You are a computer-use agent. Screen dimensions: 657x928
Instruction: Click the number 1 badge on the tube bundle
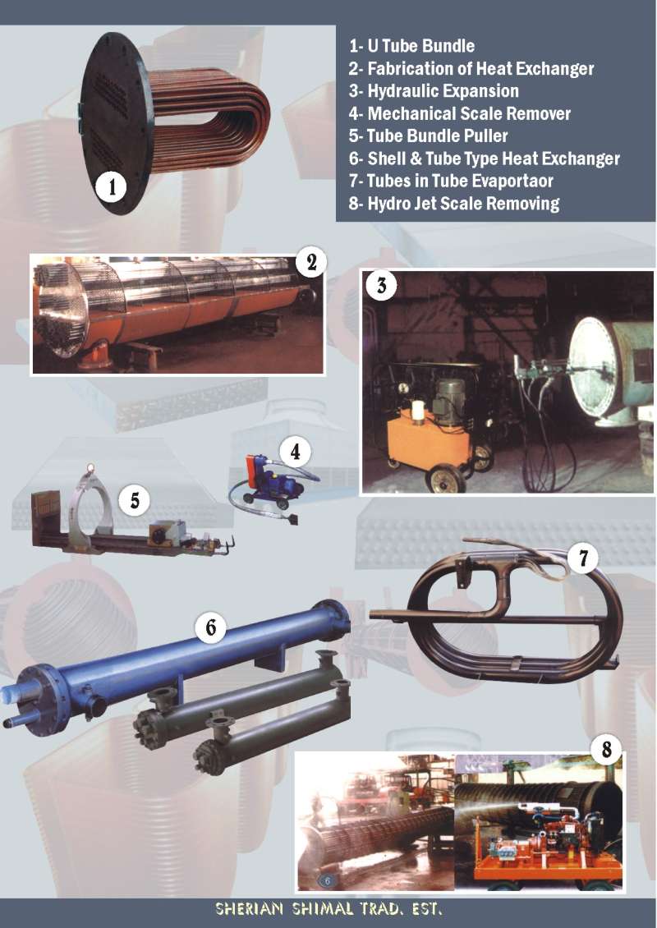pyautogui.click(x=111, y=187)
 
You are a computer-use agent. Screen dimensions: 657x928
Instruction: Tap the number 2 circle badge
pyautogui.click(x=311, y=262)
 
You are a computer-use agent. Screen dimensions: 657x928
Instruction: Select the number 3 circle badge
pyautogui.click(x=381, y=285)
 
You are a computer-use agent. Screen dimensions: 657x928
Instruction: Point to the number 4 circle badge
pyautogui.click(x=296, y=453)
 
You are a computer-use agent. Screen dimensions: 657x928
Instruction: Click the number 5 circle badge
pyautogui.click(x=135, y=501)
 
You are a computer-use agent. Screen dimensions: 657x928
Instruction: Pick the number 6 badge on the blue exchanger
pyautogui.click(x=211, y=627)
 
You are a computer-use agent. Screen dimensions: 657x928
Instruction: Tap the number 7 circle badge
pyautogui.click(x=583, y=558)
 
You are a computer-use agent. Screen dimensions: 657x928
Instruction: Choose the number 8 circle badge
pyautogui.click(x=606, y=749)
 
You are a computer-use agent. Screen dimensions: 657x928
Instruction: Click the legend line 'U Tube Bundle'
pyautogui.click(x=411, y=46)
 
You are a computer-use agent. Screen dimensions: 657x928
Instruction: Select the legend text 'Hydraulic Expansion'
pyautogui.click(x=434, y=91)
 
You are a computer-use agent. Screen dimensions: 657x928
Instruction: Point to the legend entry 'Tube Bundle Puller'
pyautogui.click(x=428, y=136)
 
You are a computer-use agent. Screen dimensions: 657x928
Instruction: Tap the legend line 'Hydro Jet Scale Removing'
pyautogui.click(x=453, y=204)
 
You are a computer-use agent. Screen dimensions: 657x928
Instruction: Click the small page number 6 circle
pyautogui.click(x=328, y=880)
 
